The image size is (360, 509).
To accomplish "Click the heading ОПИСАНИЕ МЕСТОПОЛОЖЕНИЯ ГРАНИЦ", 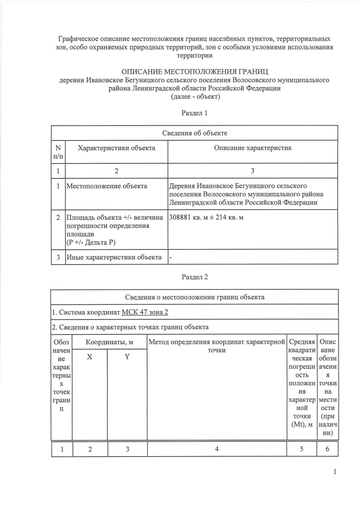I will point(195,71).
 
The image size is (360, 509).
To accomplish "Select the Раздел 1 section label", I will point(195,112).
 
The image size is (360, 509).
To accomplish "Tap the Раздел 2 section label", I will point(195,277).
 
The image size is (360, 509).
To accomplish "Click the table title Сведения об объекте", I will point(195,133).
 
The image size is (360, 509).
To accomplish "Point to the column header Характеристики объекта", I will point(116,147).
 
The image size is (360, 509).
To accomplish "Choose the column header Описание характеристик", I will point(253,147).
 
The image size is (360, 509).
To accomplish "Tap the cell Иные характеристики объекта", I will point(114,258).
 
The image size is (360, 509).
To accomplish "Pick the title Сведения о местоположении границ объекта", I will point(195,297).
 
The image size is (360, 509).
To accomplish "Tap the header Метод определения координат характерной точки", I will point(217,346).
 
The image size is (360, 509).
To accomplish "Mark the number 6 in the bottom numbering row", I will point(328,448).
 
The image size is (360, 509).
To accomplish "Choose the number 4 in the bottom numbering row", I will point(217,448).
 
